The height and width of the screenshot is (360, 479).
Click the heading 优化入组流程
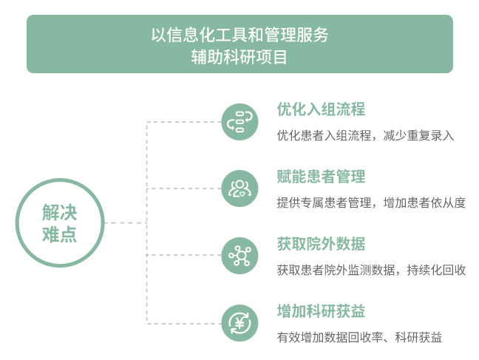click(x=321, y=109)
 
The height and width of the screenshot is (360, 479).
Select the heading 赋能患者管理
click(x=321, y=177)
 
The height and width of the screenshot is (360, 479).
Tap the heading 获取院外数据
click(x=321, y=244)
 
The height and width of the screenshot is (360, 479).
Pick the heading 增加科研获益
click(x=321, y=311)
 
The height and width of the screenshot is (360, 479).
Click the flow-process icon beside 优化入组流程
click(x=239, y=122)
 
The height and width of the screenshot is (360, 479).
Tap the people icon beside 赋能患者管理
click(x=239, y=189)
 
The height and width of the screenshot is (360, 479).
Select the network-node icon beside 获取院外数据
click(x=239, y=256)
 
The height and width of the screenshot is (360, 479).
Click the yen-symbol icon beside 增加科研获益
click(x=239, y=323)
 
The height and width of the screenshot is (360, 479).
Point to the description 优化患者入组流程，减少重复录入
click(x=365, y=135)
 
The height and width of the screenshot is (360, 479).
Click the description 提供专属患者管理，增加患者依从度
click(x=371, y=203)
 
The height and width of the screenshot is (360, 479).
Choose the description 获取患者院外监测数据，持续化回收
click(x=371, y=270)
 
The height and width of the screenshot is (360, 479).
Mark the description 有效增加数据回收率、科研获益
click(x=359, y=337)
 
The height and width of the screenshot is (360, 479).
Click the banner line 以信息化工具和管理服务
click(x=239, y=35)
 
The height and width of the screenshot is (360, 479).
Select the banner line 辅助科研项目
click(x=239, y=57)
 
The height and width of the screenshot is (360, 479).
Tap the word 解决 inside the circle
click(x=60, y=212)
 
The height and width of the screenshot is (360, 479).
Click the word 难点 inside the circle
click(x=60, y=235)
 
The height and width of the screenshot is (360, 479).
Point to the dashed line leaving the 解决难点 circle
click(x=126, y=223)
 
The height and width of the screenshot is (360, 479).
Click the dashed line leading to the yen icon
click(x=184, y=323)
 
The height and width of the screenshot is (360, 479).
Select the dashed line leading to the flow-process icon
click(x=184, y=122)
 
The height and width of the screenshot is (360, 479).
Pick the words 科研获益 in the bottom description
click(x=418, y=337)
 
